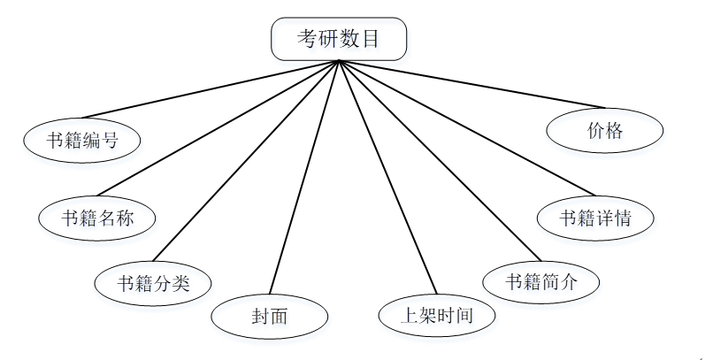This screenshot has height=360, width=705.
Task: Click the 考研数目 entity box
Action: click(x=340, y=39)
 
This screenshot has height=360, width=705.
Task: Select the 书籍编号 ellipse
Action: click(x=82, y=140)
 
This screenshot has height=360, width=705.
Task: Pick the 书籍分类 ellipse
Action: click(x=154, y=284)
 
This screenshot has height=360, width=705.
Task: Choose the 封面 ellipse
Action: click(x=270, y=315)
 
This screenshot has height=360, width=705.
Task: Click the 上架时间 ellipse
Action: click(x=437, y=315)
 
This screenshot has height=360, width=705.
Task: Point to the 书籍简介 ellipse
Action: click(x=540, y=282)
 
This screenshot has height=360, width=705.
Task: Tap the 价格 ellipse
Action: click(x=605, y=132)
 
